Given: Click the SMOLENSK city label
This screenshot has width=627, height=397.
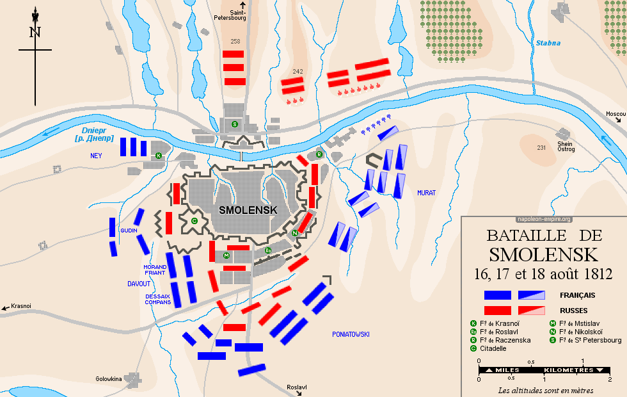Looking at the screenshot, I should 248,209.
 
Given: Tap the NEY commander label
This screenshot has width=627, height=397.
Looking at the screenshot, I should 96,155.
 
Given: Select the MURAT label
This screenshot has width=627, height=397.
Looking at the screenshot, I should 426,192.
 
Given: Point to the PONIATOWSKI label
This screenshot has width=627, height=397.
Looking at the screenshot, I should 351,334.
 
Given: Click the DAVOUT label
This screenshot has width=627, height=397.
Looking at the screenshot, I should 138,284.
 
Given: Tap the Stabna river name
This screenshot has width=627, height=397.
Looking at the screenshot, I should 548,44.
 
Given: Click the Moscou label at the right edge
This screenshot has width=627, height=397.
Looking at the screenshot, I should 615,114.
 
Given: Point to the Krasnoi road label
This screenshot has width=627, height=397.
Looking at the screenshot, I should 20,307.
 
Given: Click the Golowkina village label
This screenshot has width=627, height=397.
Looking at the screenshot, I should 109,378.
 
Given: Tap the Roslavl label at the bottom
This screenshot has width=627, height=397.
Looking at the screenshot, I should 298,387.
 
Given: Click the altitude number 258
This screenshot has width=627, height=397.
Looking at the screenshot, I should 235,42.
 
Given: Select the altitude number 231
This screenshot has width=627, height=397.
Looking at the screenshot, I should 541,148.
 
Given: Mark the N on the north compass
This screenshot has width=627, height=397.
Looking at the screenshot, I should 35,33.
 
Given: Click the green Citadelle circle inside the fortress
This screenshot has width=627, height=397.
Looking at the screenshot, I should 194,221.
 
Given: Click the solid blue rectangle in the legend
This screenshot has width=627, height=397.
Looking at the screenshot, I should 497,295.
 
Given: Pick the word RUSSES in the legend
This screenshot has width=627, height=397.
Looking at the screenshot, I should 573,310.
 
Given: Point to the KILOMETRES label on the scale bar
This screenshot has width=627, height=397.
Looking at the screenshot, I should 569,370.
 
